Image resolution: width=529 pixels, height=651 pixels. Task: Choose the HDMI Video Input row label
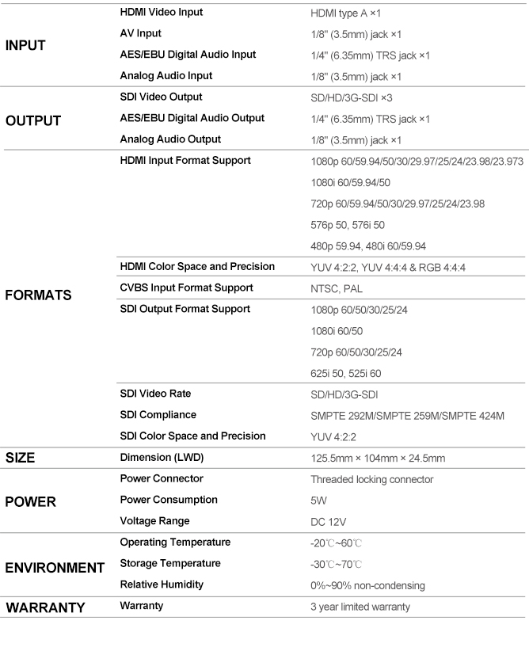(x=161, y=13)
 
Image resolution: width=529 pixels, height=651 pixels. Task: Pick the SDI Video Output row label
(x=161, y=97)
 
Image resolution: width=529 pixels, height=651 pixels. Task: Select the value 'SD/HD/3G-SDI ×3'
(x=353, y=98)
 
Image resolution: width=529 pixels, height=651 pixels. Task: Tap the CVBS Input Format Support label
(x=186, y=287)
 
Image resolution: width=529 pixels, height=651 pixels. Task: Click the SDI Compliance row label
(x=158, y=414)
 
